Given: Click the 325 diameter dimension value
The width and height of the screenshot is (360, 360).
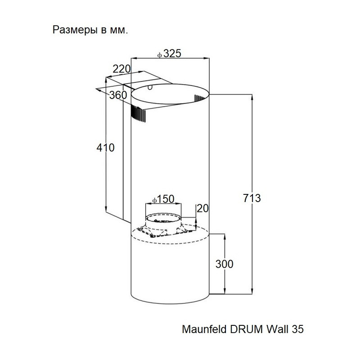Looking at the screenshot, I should click(x=172, y=54).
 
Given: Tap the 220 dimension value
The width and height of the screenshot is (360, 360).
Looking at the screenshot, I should click(x=121, y=69).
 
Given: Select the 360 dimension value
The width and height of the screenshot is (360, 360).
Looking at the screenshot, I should click(x=118, y=95).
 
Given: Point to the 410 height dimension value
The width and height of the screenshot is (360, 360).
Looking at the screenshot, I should click(x=106, y=147).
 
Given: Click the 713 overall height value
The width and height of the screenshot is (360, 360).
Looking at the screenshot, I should click(x=252, y=198).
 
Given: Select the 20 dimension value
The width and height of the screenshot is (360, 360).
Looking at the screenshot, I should click(x=203, y=208).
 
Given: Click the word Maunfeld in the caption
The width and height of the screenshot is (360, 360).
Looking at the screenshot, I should click(x=201, y=329).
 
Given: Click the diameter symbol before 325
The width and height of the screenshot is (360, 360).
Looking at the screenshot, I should click(x=160, y=54).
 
